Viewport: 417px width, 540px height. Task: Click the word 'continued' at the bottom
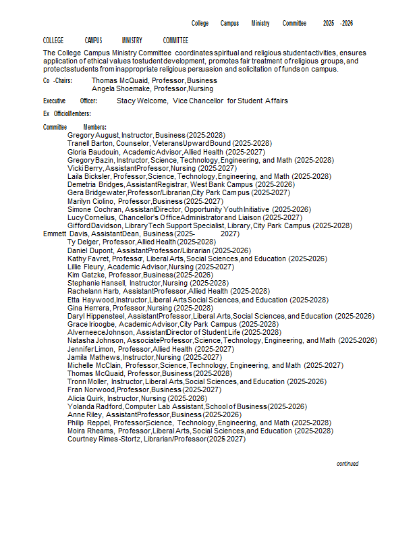tap(347, 464)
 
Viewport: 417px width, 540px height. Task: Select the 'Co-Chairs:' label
tap(57, 80)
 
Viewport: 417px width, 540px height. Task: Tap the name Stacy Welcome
tap(142, 101)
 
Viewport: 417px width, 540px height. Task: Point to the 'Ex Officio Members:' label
tap(67, 113)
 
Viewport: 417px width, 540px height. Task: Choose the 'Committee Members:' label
tap(74, 127)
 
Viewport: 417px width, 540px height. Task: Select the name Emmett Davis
tap(65, 234)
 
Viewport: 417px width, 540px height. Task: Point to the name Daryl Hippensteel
tap(96, 316)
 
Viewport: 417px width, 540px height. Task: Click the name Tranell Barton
tap(89, 144)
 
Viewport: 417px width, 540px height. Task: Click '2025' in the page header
tap(329, 23)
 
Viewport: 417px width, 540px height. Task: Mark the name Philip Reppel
tap(88, 423)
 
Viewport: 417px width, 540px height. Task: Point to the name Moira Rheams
tap(90, 431)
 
